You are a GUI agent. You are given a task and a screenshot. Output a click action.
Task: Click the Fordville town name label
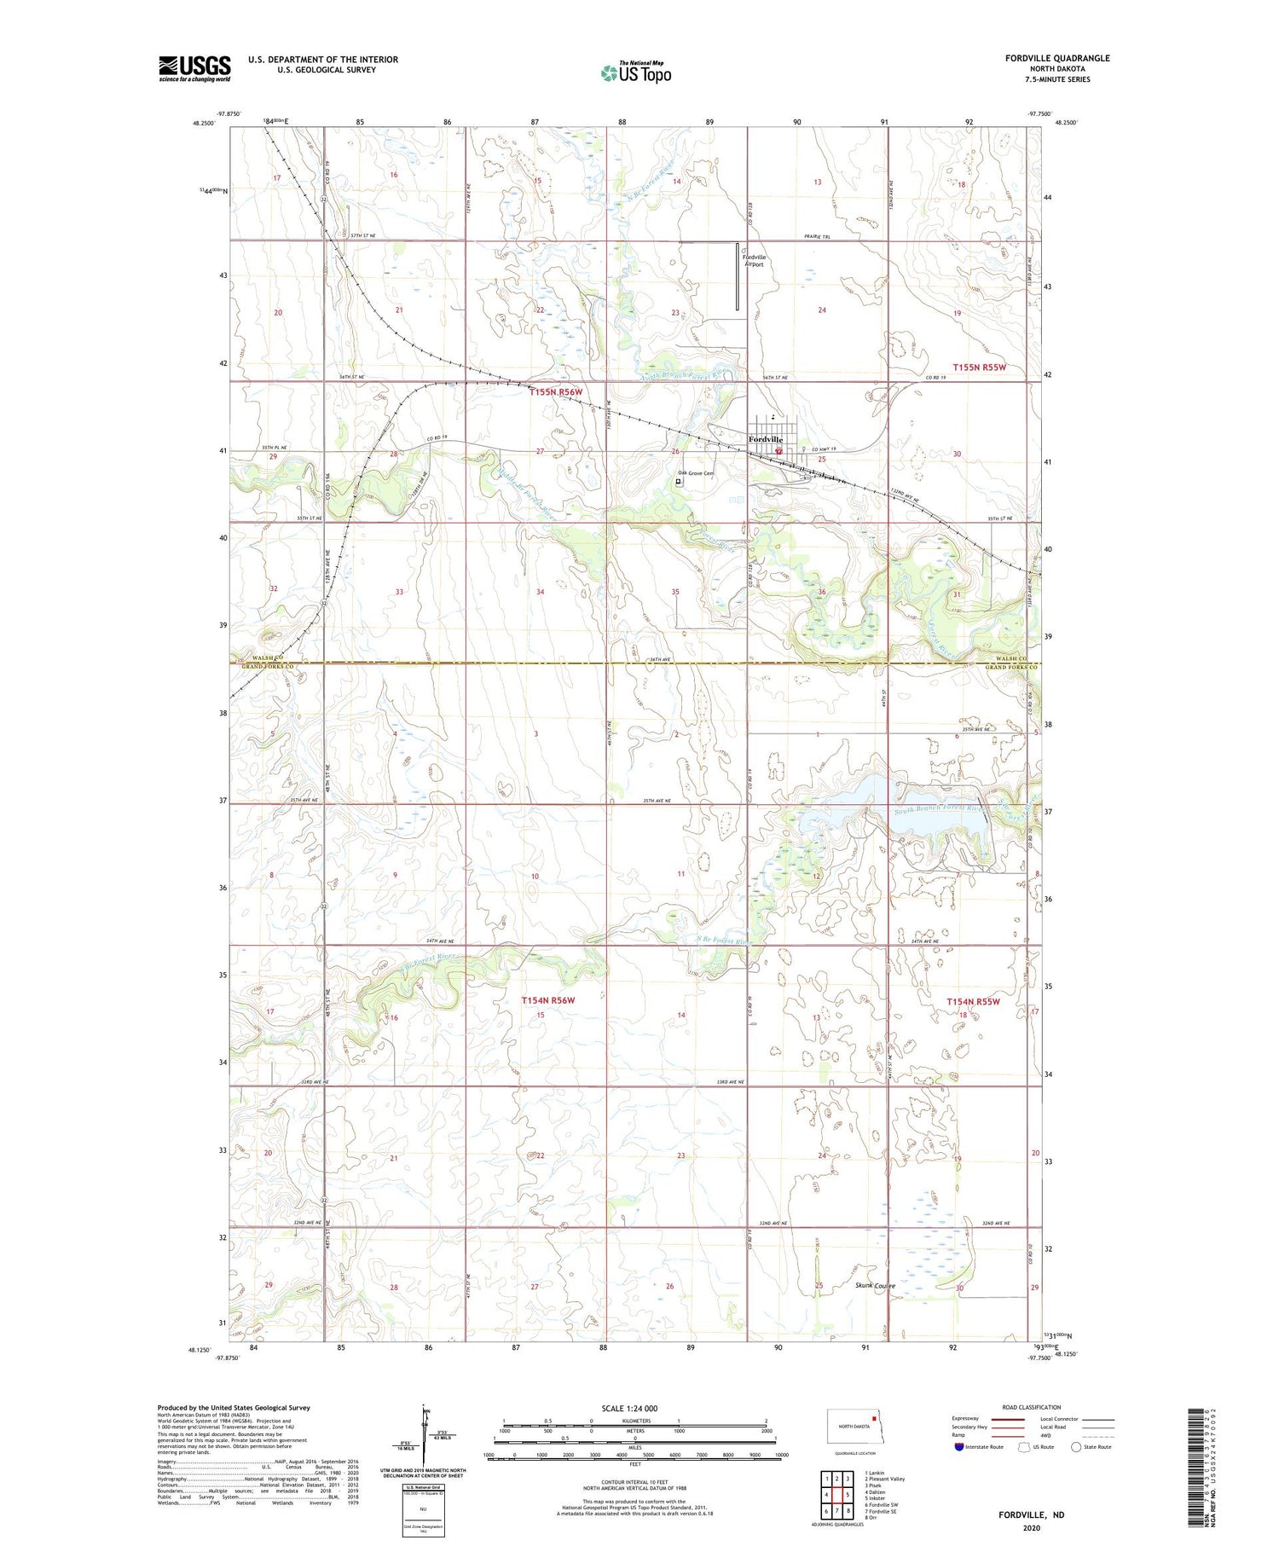pyautogui.click(x=765, y=439)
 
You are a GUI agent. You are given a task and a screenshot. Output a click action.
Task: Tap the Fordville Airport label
pyautogui.click(x=754, y=261)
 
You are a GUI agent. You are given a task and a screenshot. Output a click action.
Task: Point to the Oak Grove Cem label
pyautogui.click(x=696, y=473)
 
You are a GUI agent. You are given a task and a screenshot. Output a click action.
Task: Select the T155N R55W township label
pyautogui.click(x=980, y=368)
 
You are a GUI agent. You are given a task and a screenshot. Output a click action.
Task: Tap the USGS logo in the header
pyautogui.click(x=194, y=68)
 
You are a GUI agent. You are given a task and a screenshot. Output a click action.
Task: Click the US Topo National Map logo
pyautogui.click(x=636, y=72)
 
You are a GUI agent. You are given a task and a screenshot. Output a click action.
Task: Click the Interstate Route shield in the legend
pyautogui.click(x=958, y=1447)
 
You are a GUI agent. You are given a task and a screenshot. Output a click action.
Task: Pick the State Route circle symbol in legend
pyautogui.click(x=1077, y=1447)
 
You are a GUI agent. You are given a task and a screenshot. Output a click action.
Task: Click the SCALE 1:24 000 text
pyautogui.click(x=629, y=1408)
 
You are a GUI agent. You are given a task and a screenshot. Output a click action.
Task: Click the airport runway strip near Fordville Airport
pyautogui.click(x=738, y=276)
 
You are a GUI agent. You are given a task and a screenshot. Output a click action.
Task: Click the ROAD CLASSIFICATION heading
pyautogui.click(x=1031, y=1407)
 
